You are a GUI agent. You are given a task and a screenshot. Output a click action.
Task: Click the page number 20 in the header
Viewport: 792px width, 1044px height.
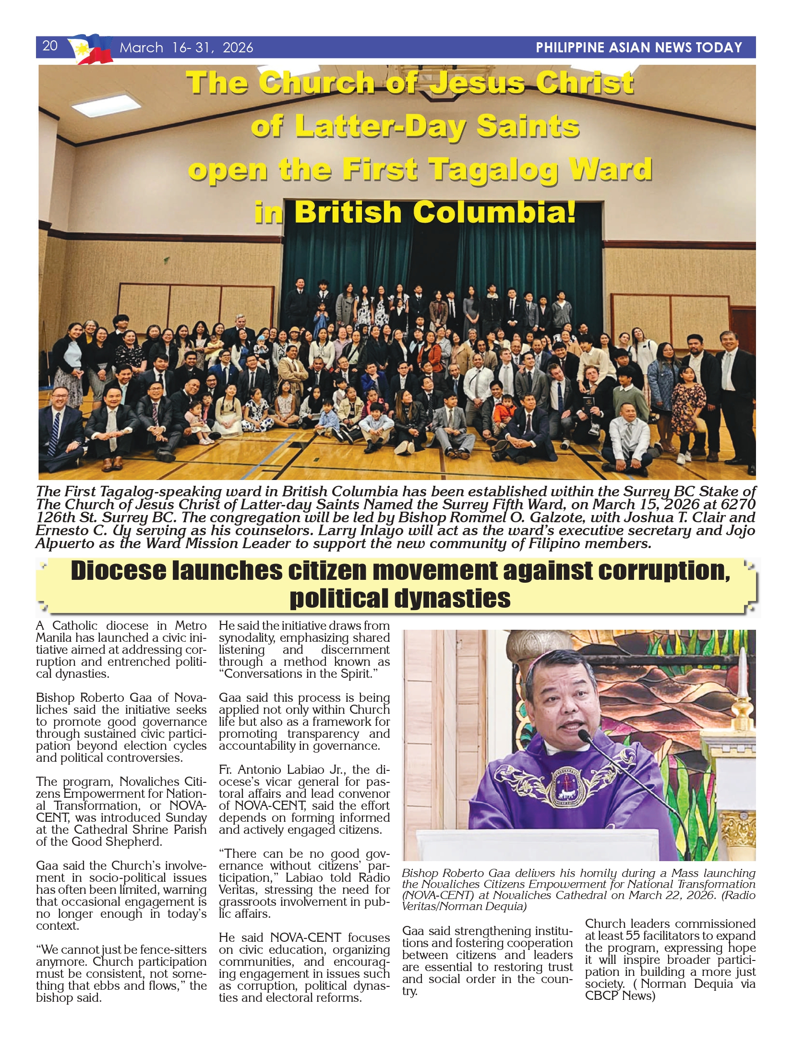pos(50,46)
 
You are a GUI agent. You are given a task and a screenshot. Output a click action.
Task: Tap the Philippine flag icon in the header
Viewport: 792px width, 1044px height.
pos(90,49)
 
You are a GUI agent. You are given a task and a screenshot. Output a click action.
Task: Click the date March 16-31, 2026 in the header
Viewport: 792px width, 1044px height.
pos(186,48)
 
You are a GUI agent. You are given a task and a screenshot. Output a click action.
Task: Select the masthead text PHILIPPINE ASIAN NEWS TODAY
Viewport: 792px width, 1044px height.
pos(638,48)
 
